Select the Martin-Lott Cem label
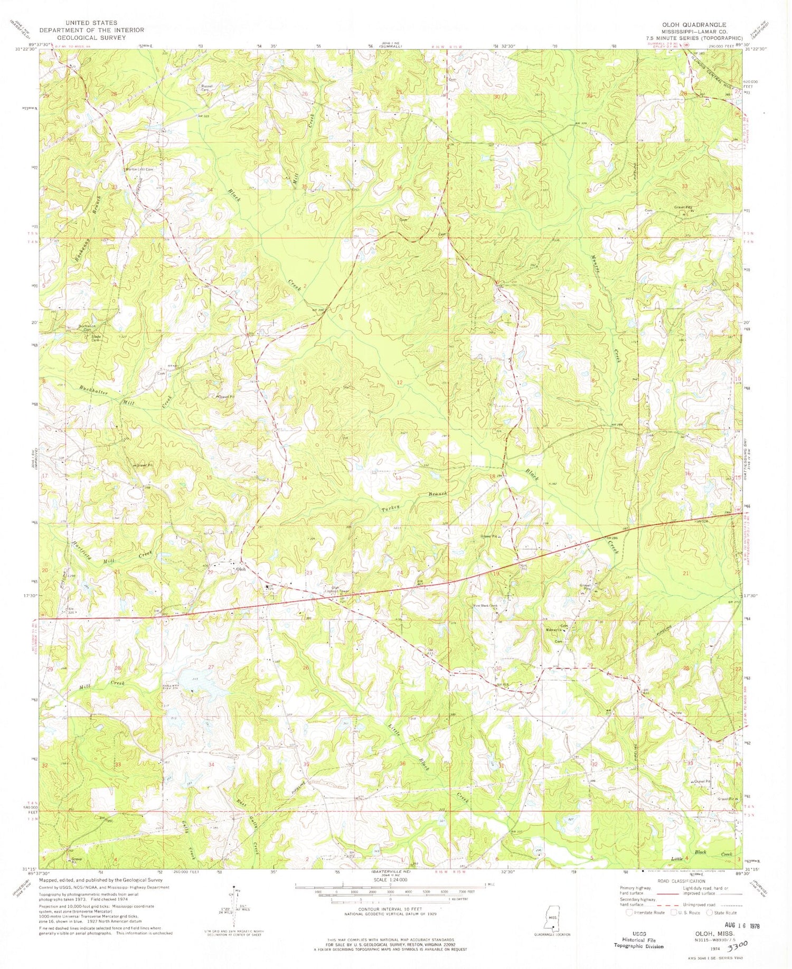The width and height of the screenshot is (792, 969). pos(139,170)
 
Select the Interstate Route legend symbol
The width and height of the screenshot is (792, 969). pos(629,912)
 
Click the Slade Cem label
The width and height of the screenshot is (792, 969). pos(96,338)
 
